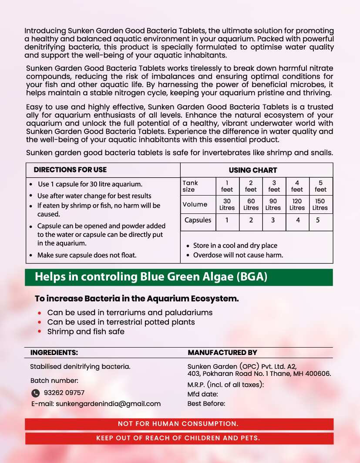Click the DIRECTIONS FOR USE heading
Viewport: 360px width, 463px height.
click(x=70, y=170)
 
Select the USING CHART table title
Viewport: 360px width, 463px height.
click(x=253, y=170)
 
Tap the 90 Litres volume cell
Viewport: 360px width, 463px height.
click(x=274, y=204)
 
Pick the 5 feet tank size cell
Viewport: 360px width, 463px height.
click(x=320, y=186)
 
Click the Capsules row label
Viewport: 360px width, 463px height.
click(x=198, y=220)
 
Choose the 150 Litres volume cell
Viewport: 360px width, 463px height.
click(x=320, y=204)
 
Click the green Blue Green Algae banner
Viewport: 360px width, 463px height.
click(x=178, y=277)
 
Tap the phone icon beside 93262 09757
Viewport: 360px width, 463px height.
click(x=36, y=393)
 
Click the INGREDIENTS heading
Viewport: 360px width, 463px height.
click(x=54, y=352)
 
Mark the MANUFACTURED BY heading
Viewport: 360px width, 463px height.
click(x=222, y=352)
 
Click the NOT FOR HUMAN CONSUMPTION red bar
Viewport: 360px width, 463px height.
click(x=178, y=424)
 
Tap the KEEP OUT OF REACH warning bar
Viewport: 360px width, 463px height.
click(x=178, y=438)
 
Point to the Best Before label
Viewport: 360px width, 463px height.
click(x=206, y=404)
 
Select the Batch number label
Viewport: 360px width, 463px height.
click(x=54, y=381)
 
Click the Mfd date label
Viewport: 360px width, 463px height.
click(x=203, y=394)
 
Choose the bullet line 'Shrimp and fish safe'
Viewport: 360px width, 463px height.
click(x=86, y=331)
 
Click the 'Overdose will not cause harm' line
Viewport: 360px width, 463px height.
click(x=238, y=255)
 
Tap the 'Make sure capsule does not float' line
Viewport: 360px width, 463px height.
click(x=87, y=255)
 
